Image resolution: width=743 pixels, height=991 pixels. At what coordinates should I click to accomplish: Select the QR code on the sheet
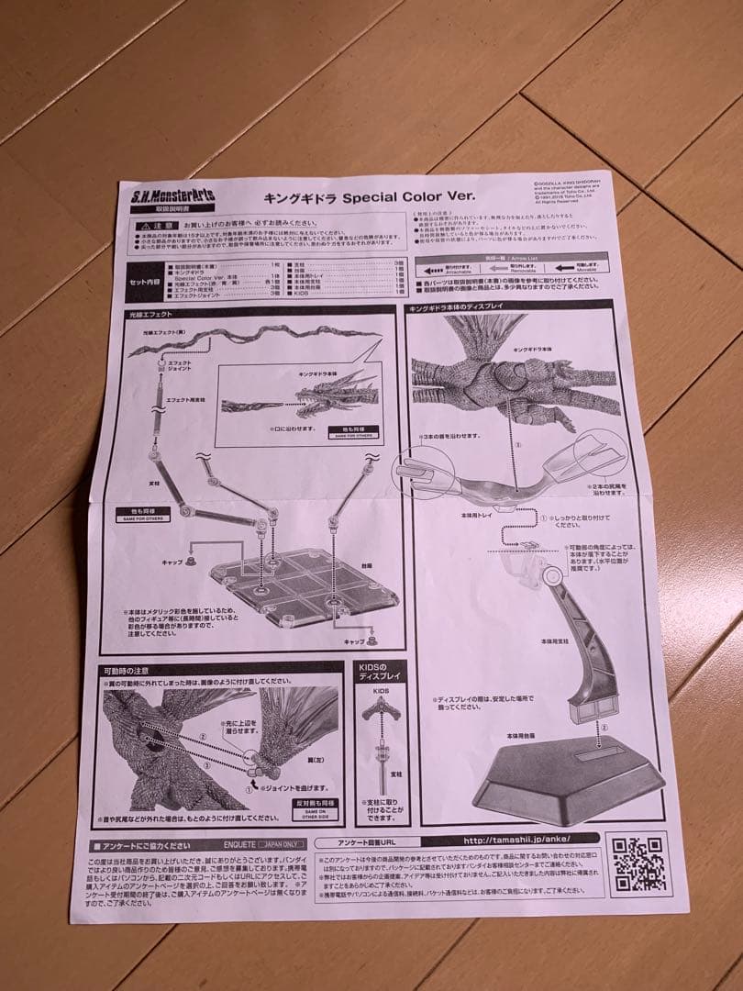[637, 863]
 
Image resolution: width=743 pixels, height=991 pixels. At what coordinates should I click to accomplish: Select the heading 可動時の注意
[127, 670]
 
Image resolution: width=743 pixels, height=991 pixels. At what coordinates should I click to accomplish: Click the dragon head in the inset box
[324, 397]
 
